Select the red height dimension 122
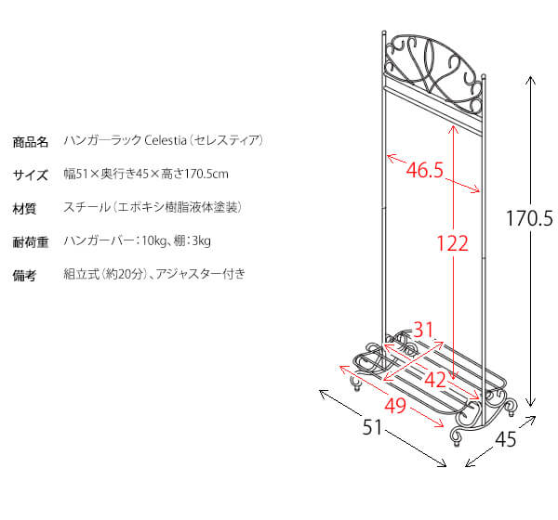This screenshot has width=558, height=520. point(452,244)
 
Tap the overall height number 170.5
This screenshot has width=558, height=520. point(529,220)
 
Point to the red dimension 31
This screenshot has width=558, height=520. point(424,329)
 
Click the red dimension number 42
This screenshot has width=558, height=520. point(436,379)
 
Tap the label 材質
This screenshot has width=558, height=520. point(25,208)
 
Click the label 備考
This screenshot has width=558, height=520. point(25,276)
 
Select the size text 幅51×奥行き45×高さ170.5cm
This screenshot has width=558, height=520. point(147,174)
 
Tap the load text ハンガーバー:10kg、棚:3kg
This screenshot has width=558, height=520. point(138,241)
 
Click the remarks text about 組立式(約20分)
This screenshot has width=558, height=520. point(154,274)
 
